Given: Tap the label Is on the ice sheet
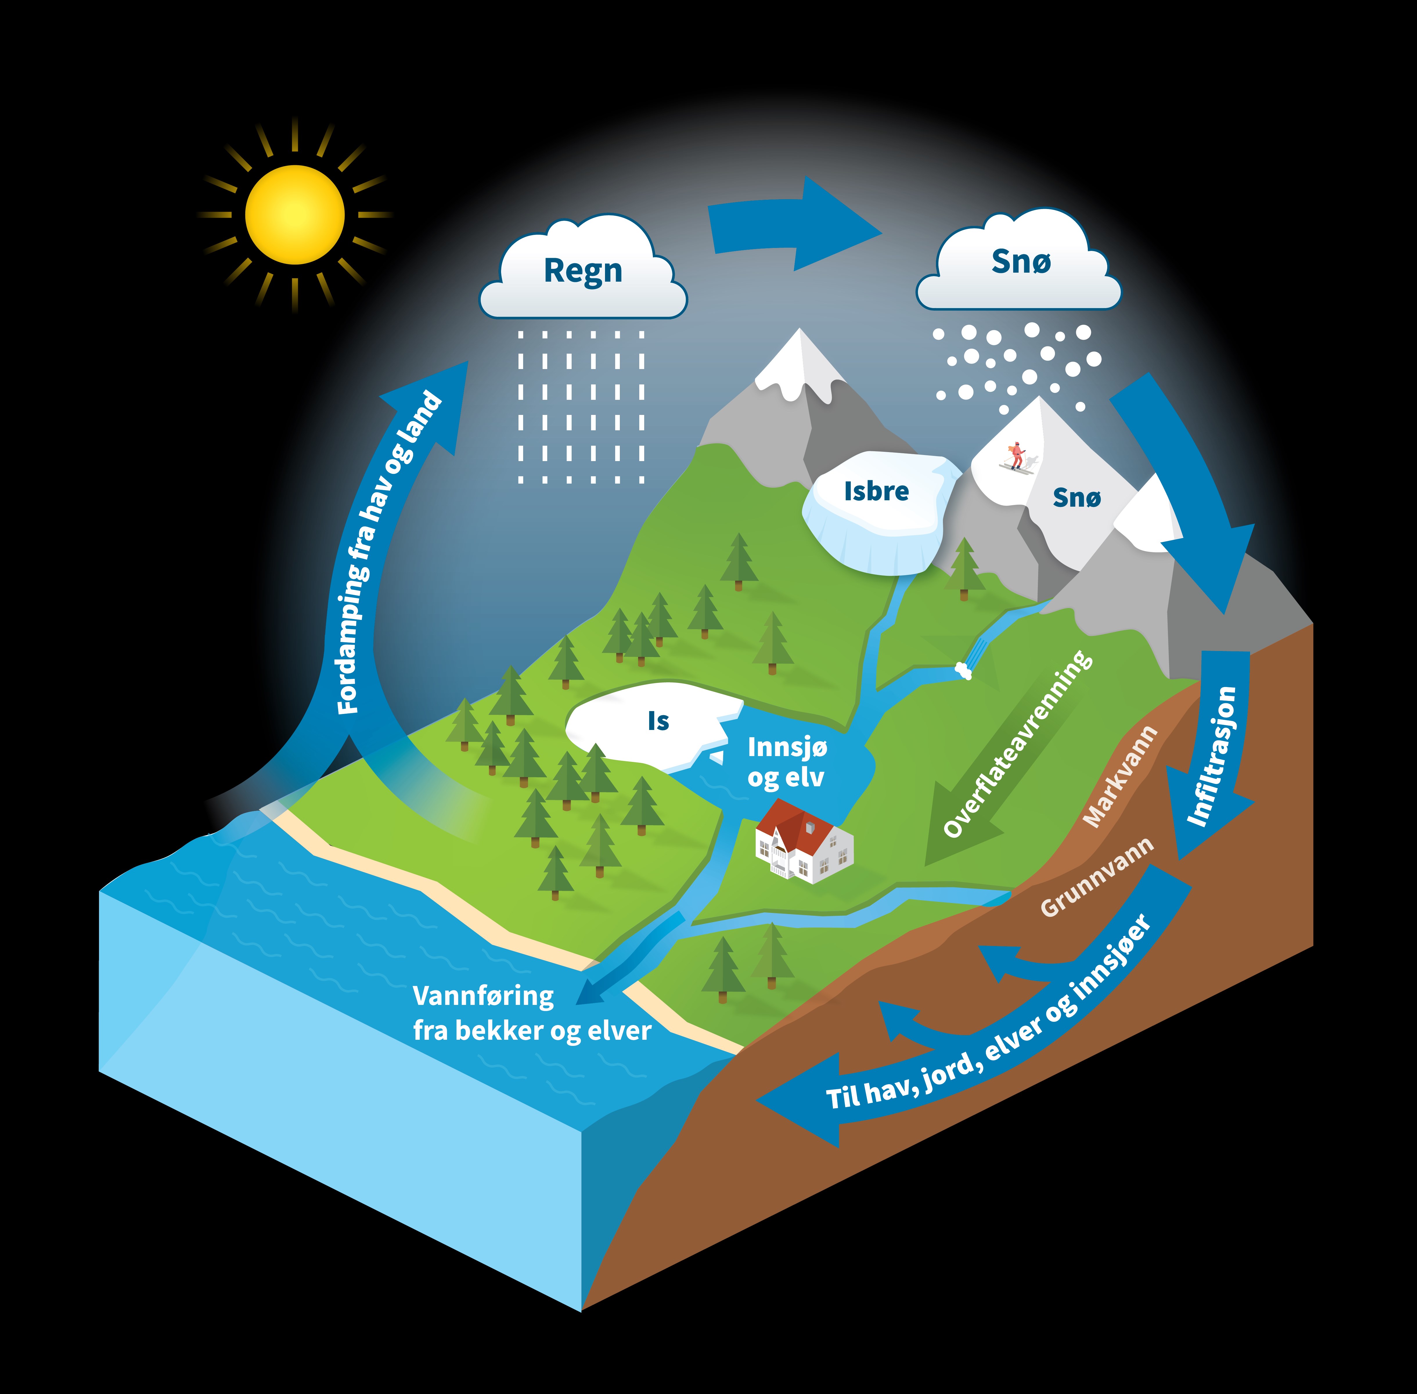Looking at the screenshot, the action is (658, 721).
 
